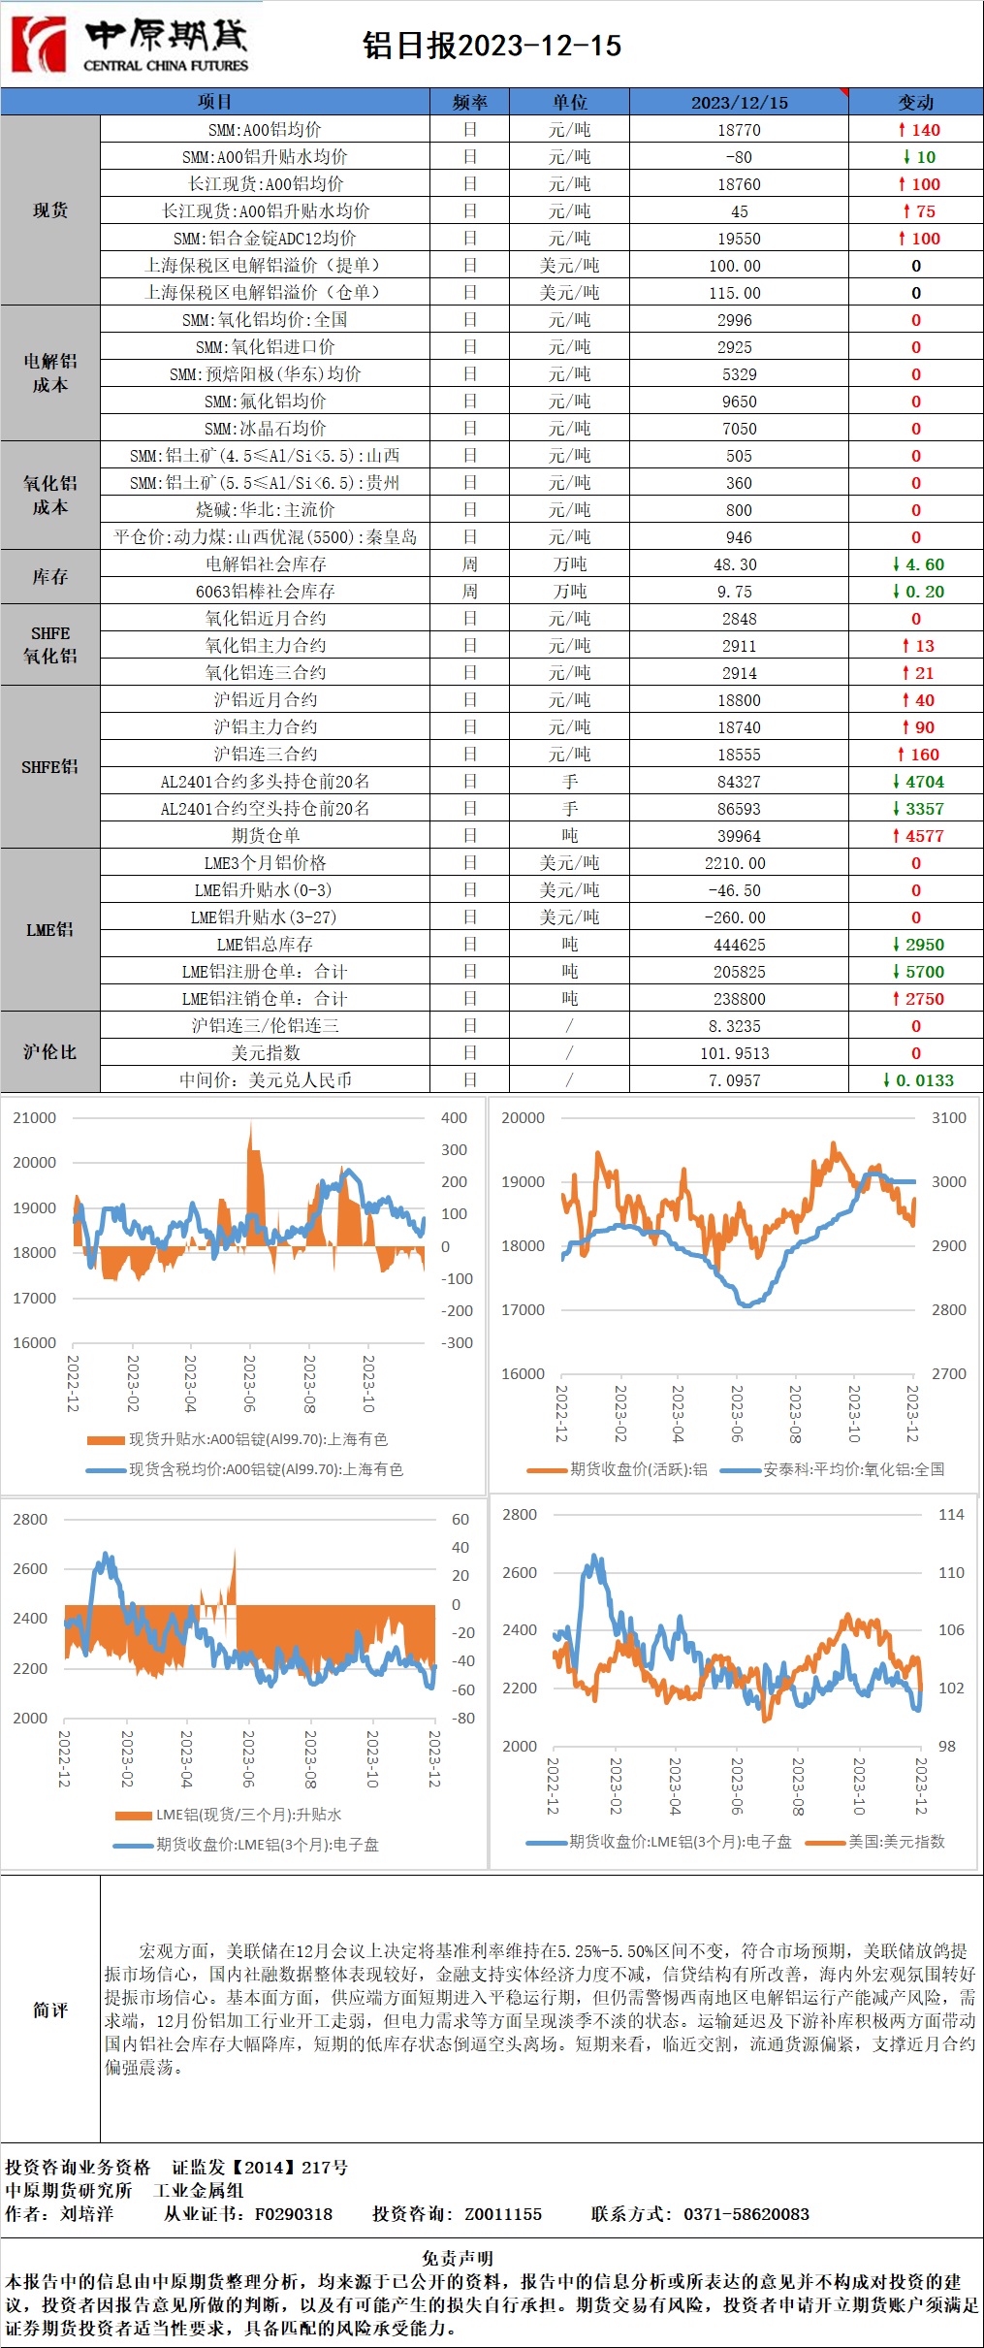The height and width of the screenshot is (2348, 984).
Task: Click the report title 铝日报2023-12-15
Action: pyautogui.click(x=492, y=46)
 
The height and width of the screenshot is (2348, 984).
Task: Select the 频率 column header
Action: pyautogui.click(x=469, y=102)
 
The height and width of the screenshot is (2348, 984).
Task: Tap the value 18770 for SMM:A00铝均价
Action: pyautogui.click(x=739, y=130)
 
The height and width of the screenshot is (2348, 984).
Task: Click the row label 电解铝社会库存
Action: pyautogui.click(x=265, y=564)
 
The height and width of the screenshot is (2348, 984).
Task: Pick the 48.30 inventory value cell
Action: pyautogui.click(x=739, y=564)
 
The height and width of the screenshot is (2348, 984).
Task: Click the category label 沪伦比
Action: pyautogui.click(x=49, y=1052)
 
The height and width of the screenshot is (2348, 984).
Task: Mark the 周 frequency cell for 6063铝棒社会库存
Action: pyautogui.click(x=469, y=592)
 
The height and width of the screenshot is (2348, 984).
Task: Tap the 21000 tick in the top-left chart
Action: pyautogui.click(x=35, y=1118)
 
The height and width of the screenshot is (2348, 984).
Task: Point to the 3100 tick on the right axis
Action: pyautogui.click(x=948, y=1118)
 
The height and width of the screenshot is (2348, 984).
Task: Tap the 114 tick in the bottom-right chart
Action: pyautogui.click(x=951, y=1515)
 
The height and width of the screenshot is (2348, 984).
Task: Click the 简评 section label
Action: pyautogui.click(x=49, y=2010)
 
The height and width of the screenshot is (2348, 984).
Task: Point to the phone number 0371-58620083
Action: pyautogui.click(x=746, y=2214)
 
